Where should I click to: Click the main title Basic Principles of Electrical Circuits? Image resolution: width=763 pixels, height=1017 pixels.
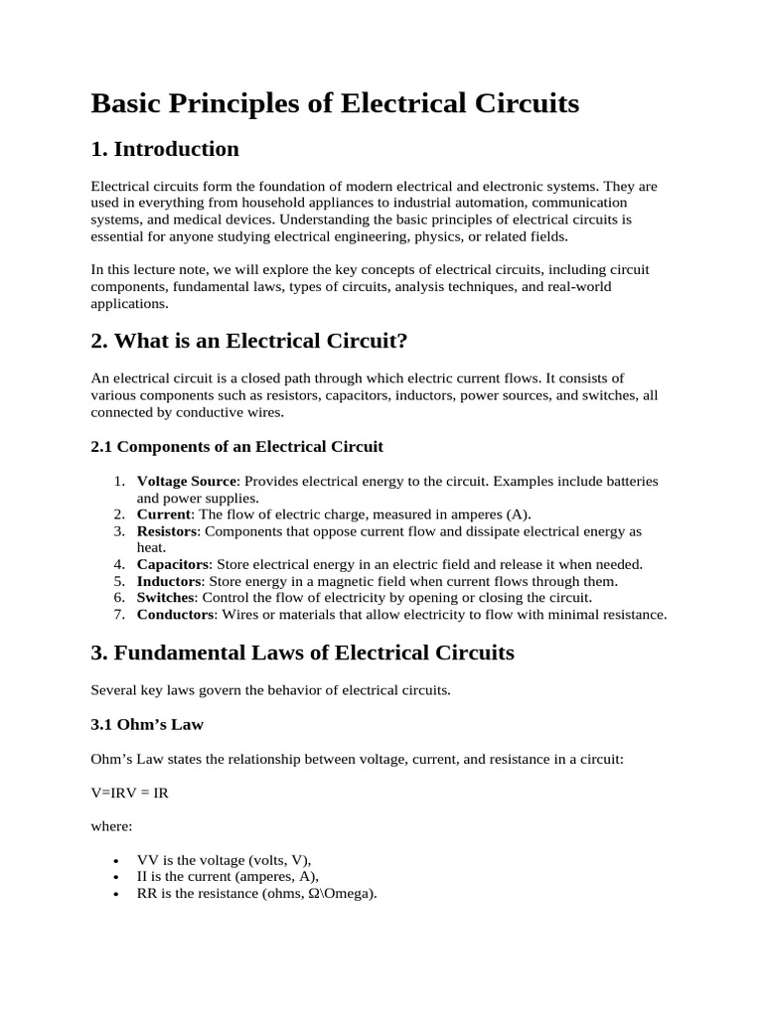point(335,103)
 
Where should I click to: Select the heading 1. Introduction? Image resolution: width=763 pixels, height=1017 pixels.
point(165,149)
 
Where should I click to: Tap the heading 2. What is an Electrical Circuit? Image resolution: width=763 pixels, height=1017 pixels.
point(249,341)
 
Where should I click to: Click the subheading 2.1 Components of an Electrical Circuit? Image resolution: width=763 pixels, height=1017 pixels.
point(236,446)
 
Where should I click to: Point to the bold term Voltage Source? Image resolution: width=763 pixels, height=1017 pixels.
point(187,481)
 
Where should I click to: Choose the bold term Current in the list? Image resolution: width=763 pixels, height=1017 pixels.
point(163,513)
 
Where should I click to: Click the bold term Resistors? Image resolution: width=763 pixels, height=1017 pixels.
point(168,530)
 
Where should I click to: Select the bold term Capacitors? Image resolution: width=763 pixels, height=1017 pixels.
point(173,563)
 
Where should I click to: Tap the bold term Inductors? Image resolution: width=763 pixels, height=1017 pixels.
point(169,580)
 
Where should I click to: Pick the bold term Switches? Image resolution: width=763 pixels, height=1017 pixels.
point(166,597)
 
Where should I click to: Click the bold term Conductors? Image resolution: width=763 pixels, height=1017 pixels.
point(175,614)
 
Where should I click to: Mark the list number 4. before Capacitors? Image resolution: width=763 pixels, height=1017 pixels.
point(118,563)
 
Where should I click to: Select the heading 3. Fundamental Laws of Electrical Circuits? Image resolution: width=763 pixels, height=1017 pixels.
point(302,653)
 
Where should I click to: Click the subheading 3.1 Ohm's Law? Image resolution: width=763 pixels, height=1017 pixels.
point(147,724)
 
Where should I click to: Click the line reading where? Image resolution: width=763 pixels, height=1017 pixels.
point(111,825)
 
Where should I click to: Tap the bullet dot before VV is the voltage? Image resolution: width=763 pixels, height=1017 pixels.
point(118,860)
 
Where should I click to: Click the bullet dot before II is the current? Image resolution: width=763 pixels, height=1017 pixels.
point(118,877)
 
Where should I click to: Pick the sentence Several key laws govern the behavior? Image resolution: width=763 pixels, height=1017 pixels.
point(270,689)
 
